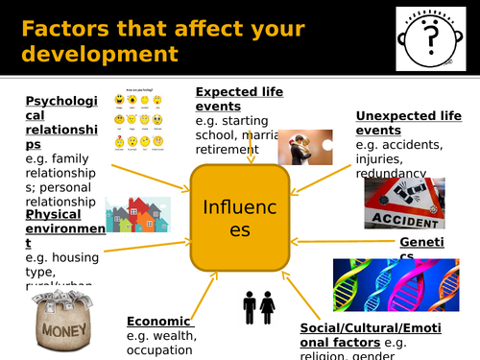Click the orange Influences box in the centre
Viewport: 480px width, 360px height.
240,218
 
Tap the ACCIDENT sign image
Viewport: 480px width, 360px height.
403,204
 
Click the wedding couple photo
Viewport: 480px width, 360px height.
299,146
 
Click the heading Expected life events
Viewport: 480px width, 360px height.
239,99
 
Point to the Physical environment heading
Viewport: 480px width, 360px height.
65,222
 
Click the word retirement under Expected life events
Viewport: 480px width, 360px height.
229,151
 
